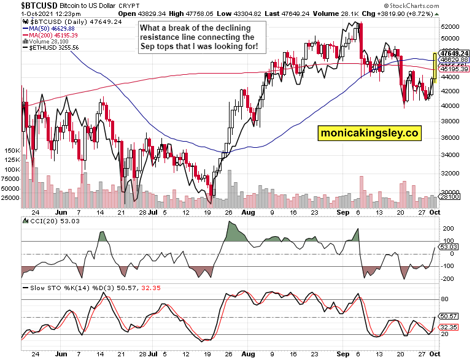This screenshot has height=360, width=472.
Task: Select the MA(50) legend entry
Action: pos(48,28)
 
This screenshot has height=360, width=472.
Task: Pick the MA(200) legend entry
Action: pos(50,36)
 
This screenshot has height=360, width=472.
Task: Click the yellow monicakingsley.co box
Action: pos(368,132)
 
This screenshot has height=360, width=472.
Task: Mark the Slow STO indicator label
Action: pos(47,287)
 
